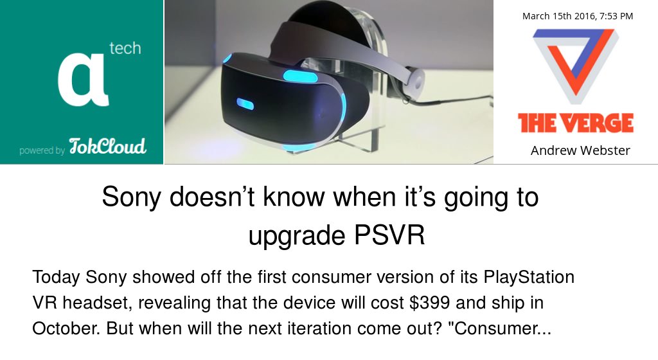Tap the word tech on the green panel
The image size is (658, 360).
[125, 48]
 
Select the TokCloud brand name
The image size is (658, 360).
[108, 147]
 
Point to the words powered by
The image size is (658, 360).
[42, 150]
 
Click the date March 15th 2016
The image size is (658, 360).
[555, 16]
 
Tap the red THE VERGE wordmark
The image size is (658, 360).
[576, 123]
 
